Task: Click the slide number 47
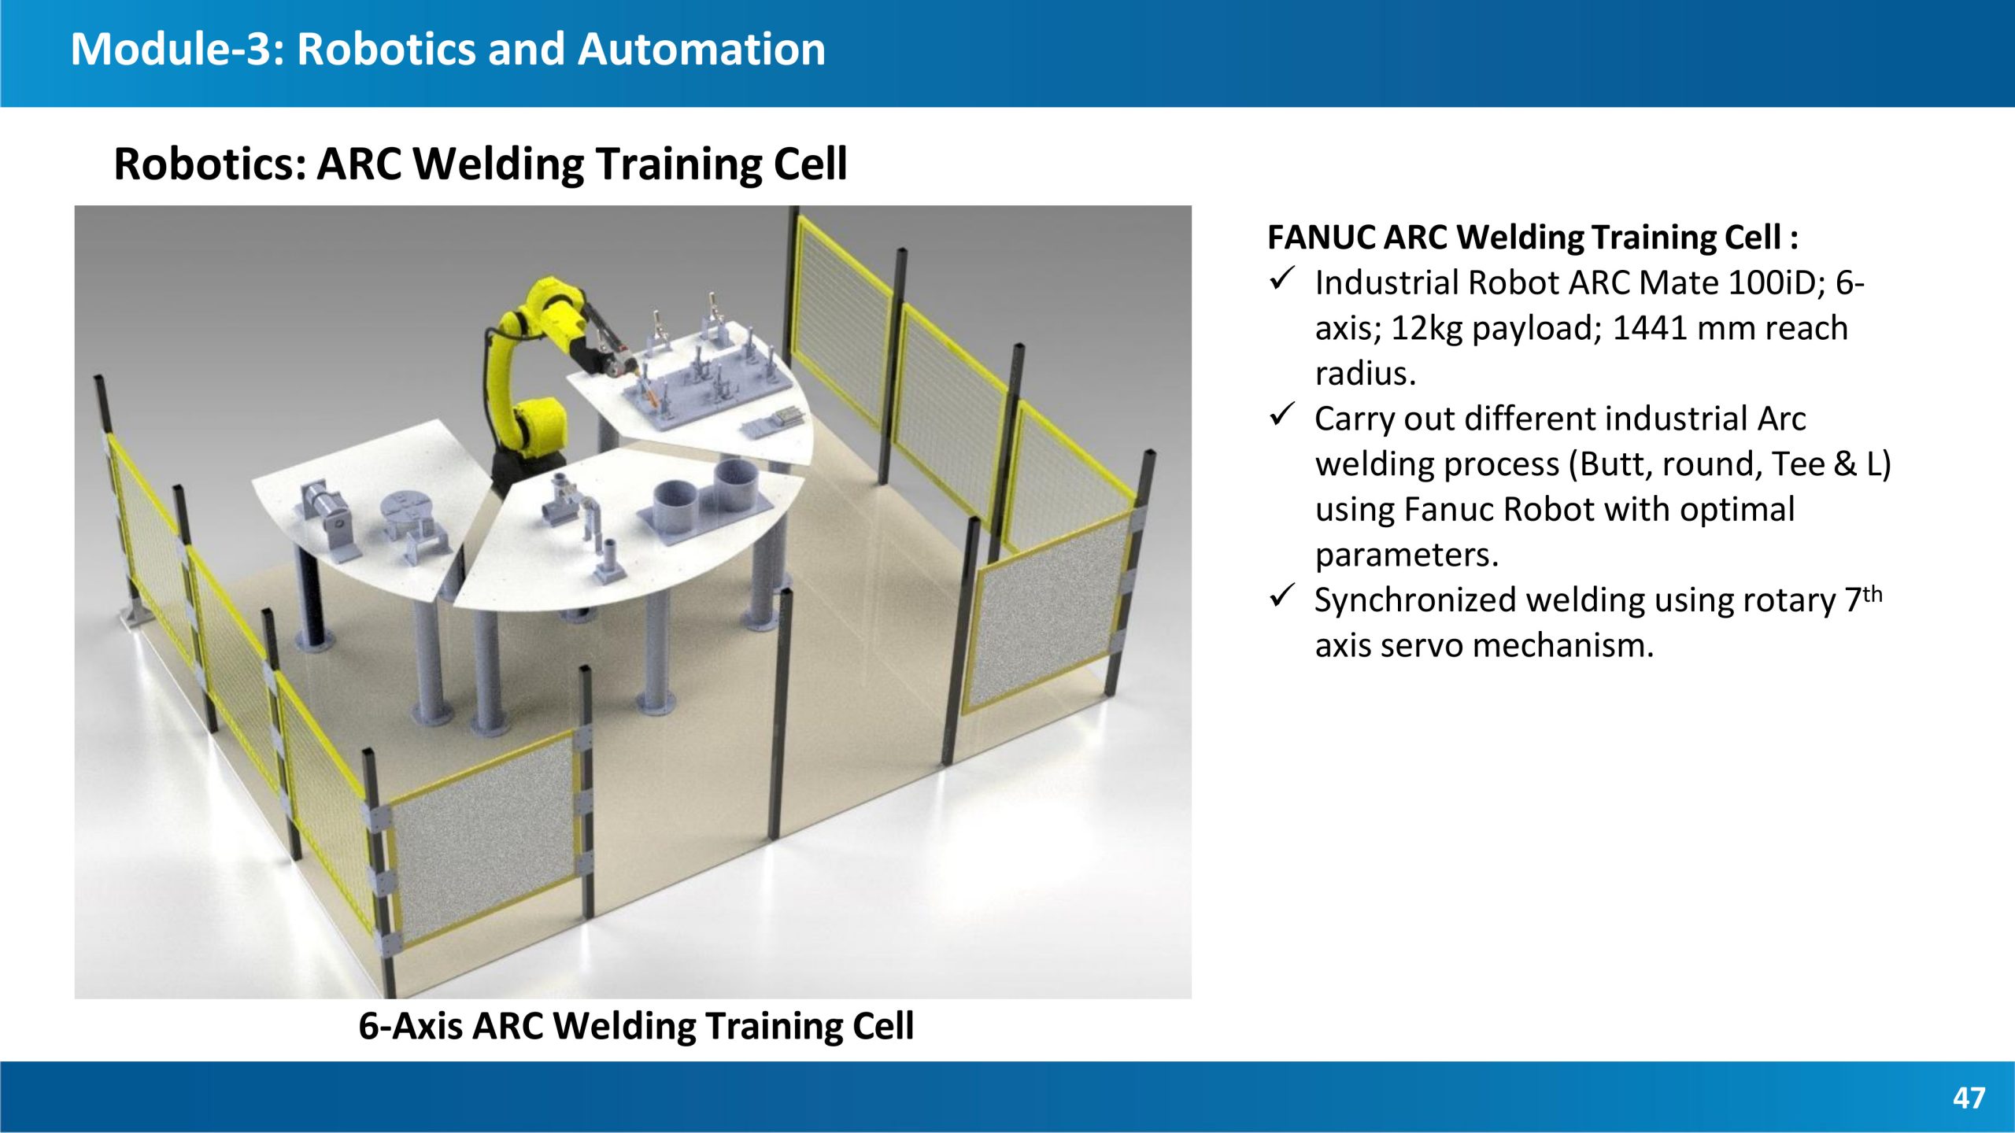pos(1969,1098)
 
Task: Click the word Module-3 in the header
pos(178,49)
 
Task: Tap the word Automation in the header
pos(701,49)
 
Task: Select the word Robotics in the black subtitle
pos(209,164)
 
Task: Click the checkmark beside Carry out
pos(1282,415)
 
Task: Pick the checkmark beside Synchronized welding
pos(1282,596)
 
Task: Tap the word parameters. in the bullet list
pos(1407,555)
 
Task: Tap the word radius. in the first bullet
pos(1365,374)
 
